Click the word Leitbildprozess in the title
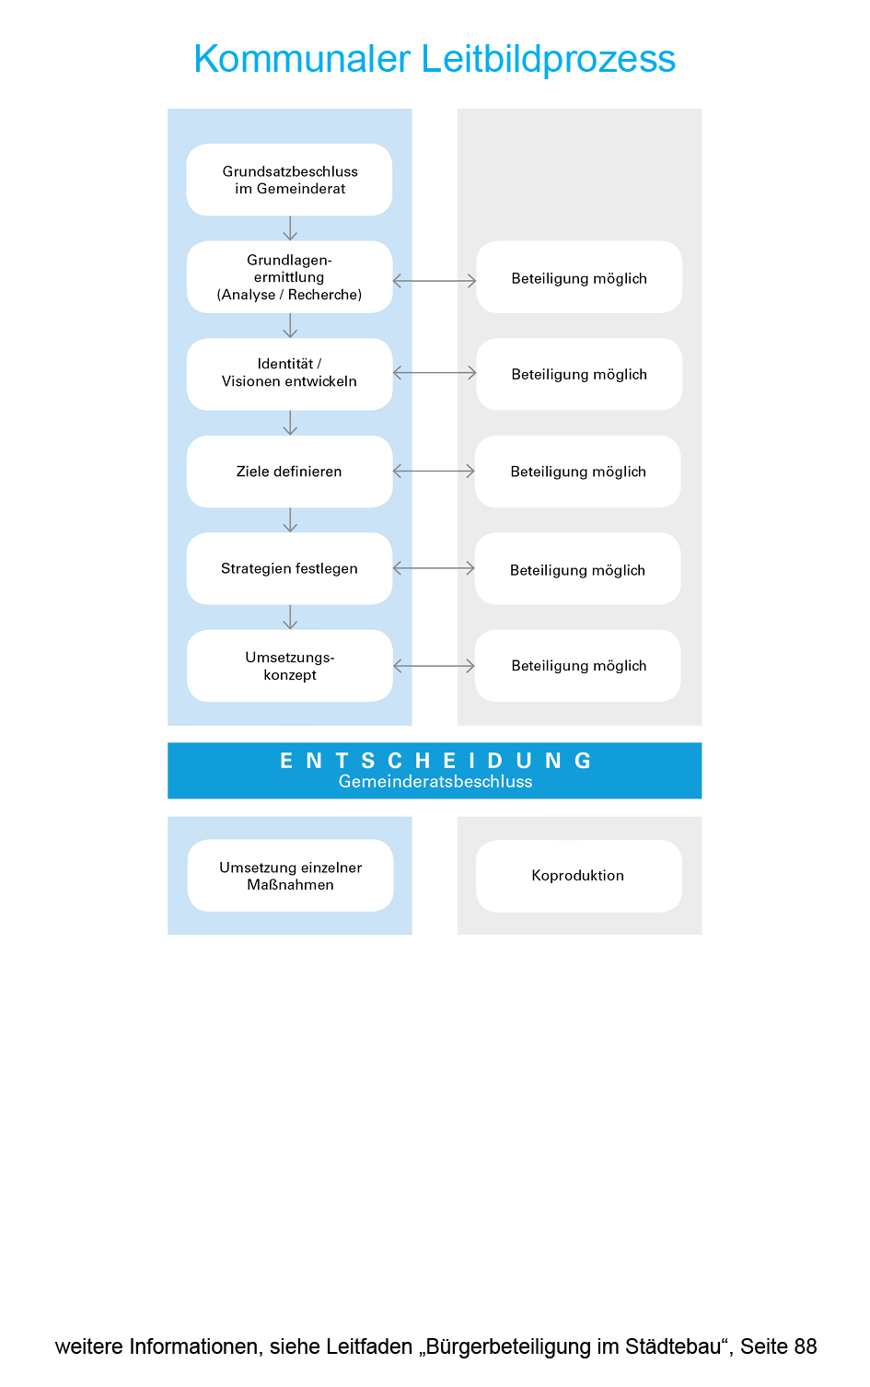coord(549,59)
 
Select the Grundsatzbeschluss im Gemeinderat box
coord(289,180)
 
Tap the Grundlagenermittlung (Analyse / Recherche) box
coord(289,277)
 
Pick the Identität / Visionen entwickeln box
coord(289,374)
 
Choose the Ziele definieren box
coord(289,472)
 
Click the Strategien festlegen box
coord(289,568)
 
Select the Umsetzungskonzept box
coord(289,666)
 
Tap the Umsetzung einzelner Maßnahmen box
coord(290,876)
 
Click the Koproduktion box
coord(578,876)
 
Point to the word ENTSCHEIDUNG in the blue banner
coord(435,761)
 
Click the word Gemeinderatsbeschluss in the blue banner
coord(435,782)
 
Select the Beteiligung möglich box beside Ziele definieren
coord(578,472)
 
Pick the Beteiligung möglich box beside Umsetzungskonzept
coord(578,666)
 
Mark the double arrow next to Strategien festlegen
coord(434,568)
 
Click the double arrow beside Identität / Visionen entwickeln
coord(435,373)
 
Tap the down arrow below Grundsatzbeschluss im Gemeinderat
coord(290,228)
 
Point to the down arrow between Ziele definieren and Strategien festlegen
coord(290,520)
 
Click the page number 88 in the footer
coord(805,1346)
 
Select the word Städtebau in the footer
coord(674,1346)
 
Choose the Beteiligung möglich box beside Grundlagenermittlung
coord(579,277)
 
